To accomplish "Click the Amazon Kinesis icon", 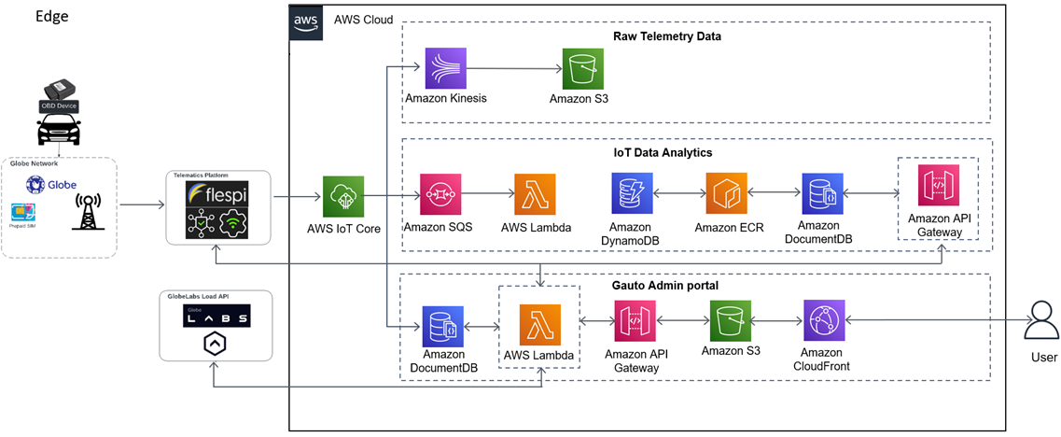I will point(446,69).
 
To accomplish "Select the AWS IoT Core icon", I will point(342,196).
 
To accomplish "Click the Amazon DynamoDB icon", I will point(632,194).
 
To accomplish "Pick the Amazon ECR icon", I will point(727,194).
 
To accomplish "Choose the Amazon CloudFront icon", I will point(824,321).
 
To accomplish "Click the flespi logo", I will point(216,194).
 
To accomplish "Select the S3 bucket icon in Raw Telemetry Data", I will point(583,69).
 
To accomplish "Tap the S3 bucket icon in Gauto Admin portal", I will point(730,321).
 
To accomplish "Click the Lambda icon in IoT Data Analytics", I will point(535,195).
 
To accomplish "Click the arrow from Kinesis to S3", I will point(514,69).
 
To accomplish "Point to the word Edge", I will point(51,17).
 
